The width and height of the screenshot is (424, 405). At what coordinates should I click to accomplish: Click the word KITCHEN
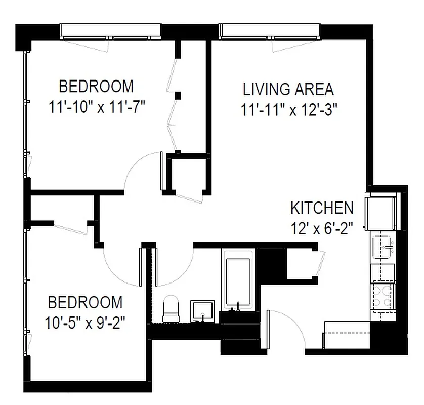click(x=321, y=208)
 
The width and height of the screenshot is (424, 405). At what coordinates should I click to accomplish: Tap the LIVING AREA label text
click(x=288, y=89)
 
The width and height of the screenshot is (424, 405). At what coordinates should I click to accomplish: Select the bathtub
click(x=238, y=283)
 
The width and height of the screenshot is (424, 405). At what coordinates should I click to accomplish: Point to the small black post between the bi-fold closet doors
click(x=178, y=94)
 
